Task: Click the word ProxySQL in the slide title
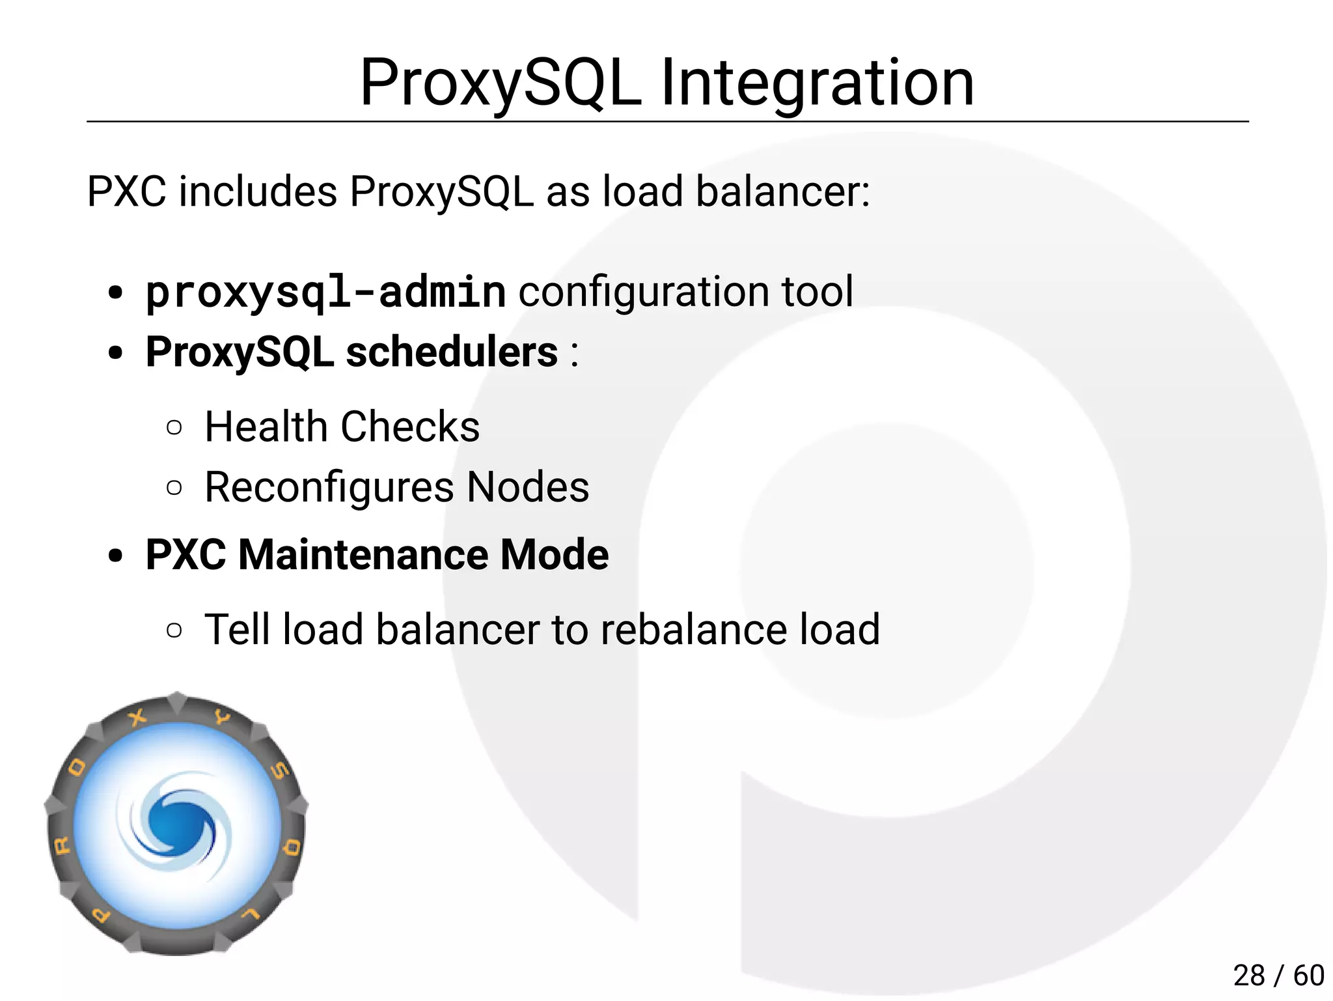(500, 83)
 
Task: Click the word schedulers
(451, 352)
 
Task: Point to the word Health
(266, 427)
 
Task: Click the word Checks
(410, 427)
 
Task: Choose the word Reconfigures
(329, 487)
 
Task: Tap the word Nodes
(528, 487)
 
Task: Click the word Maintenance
(363, 555)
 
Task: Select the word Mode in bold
(554, 555)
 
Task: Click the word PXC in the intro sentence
(126, 191)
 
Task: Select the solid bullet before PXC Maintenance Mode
(115, 556)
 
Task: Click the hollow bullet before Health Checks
(174, 428)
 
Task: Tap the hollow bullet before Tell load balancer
(174, 630)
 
